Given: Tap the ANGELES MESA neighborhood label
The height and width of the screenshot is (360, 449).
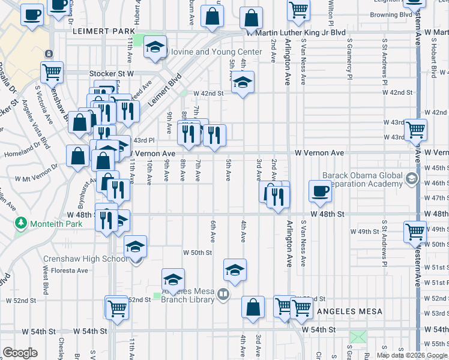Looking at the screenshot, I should click(346, 311).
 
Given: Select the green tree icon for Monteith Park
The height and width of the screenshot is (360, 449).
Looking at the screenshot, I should click(22, 224).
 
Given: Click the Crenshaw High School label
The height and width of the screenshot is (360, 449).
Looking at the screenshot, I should click(85, 259).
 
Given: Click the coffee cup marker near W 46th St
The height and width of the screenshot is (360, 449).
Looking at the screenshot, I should click(320, 191).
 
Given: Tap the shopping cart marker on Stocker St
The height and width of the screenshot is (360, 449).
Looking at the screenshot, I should click(52, 73).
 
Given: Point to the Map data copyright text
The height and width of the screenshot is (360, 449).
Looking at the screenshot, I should click(411, 355).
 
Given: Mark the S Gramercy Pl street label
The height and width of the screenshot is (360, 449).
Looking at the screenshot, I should click(349, 60).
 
